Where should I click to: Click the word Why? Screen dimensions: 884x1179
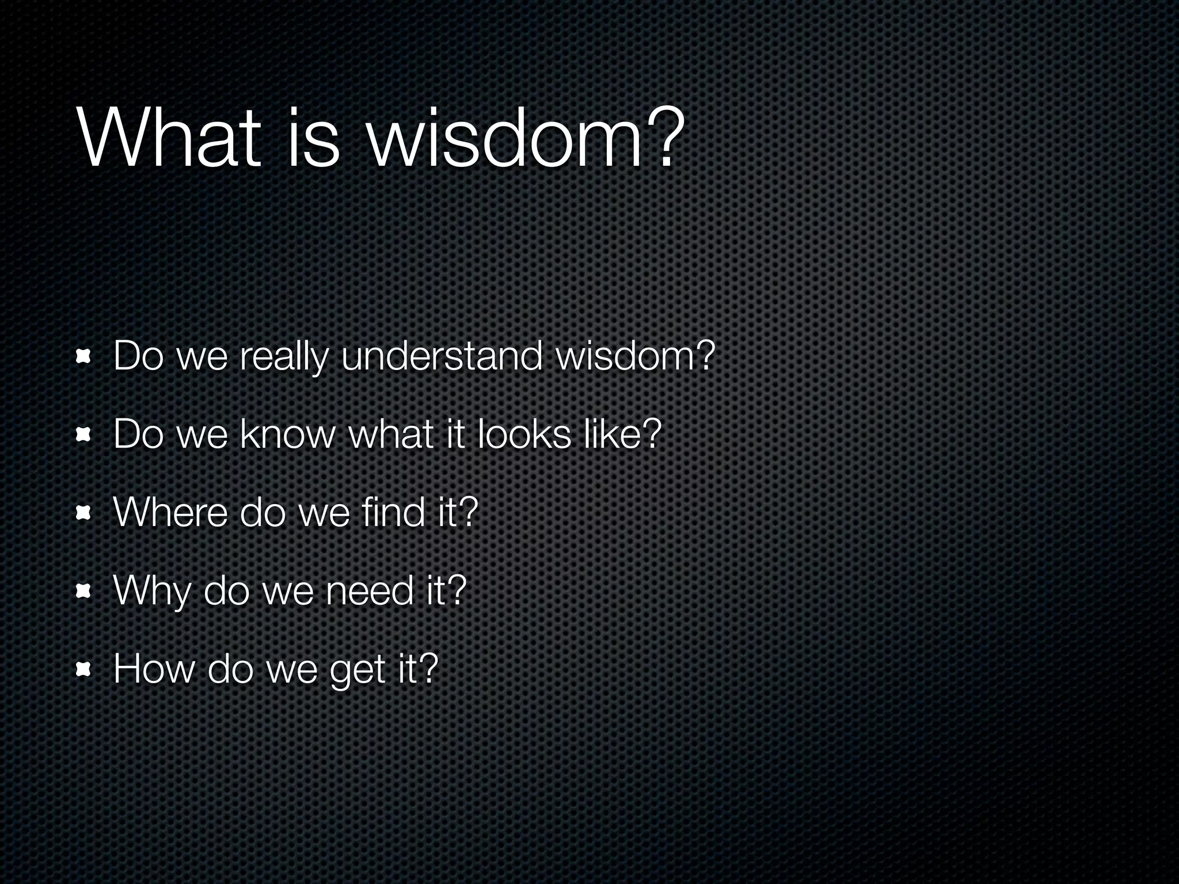[x=151, y=592]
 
